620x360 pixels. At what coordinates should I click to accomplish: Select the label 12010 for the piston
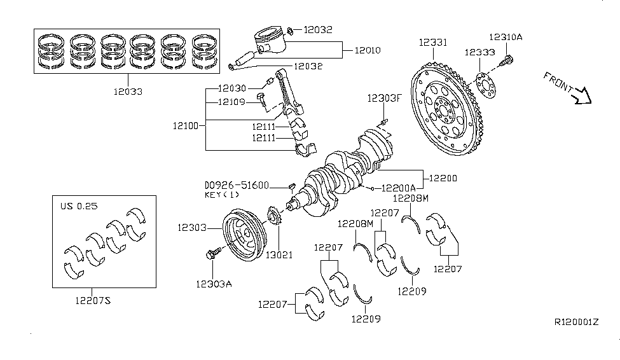point(368,50)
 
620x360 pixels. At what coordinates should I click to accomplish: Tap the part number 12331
point(432,43)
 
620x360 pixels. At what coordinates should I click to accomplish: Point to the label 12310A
point(506,37)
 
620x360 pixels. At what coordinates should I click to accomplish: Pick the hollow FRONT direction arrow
point(582,97)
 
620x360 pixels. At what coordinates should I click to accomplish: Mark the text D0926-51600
point(237,185)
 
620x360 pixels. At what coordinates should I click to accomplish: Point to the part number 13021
point(279,255)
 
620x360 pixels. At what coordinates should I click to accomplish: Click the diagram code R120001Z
point(577,322)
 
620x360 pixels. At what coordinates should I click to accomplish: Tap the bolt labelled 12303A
point(210,254)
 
